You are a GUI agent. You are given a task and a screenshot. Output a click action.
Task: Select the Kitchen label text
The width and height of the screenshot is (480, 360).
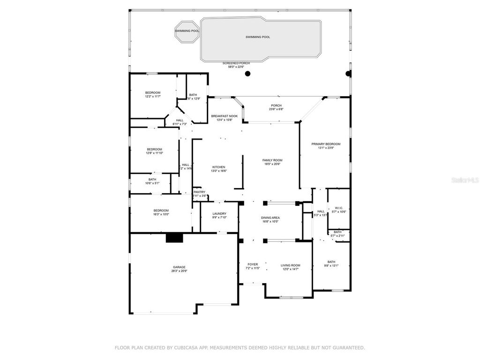coord(218,167)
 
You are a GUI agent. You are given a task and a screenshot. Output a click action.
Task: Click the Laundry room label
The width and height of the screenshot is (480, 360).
coord(219,214)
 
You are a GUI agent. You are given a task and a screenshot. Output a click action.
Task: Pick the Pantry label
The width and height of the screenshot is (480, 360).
coord(199,192)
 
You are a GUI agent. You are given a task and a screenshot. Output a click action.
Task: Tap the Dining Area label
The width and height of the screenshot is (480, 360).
coord(270,218)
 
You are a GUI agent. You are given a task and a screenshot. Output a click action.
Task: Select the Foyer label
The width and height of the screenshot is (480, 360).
coord(252,264)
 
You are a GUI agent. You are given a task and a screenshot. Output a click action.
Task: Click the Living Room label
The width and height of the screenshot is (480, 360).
coord(290,265)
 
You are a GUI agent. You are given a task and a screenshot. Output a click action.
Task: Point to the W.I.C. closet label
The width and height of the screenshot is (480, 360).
coord(338,208)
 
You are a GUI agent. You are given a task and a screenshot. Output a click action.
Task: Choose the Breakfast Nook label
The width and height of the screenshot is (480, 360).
coord(224,116)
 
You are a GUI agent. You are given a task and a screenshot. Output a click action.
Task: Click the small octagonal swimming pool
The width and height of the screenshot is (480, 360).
coord(187,31)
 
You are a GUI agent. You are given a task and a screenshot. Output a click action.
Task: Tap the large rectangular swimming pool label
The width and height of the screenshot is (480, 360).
coord(258,37)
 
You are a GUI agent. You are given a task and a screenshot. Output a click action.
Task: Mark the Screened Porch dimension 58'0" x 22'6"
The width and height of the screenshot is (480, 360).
coord(236,67)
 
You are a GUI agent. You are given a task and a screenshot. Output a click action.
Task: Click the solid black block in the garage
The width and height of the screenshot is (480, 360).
coord(174,238)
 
